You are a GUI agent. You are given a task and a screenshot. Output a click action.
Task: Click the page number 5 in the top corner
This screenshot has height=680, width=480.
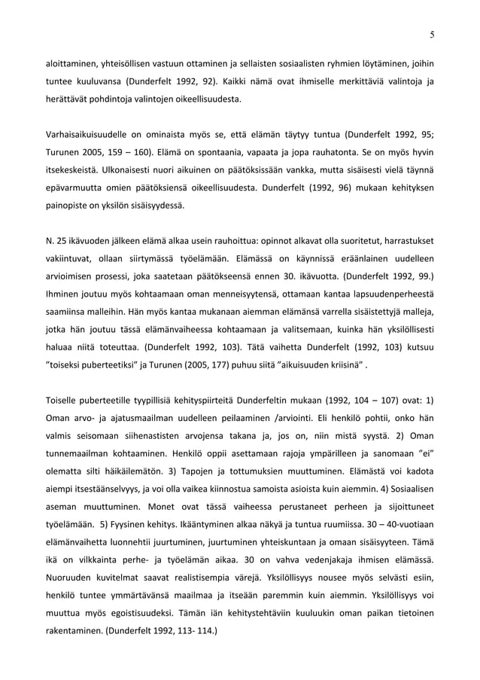coord(432,34)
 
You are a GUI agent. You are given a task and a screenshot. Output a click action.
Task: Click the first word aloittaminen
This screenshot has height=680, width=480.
coord(71,63)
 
